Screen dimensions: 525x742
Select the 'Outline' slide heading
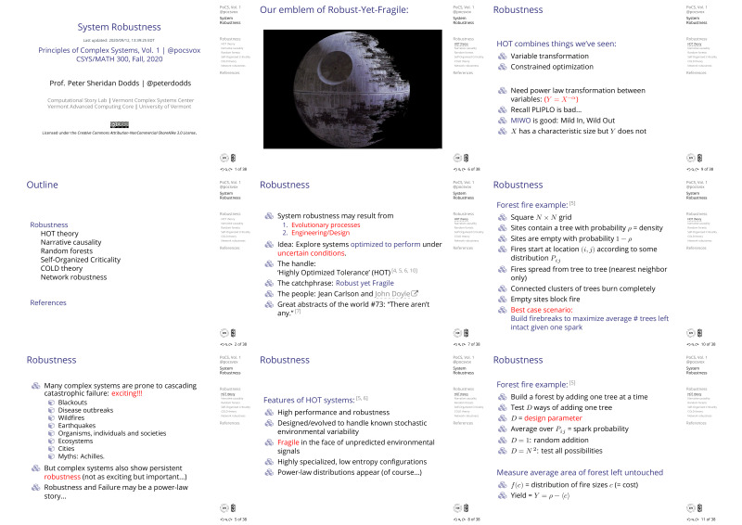tap(42, 186)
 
